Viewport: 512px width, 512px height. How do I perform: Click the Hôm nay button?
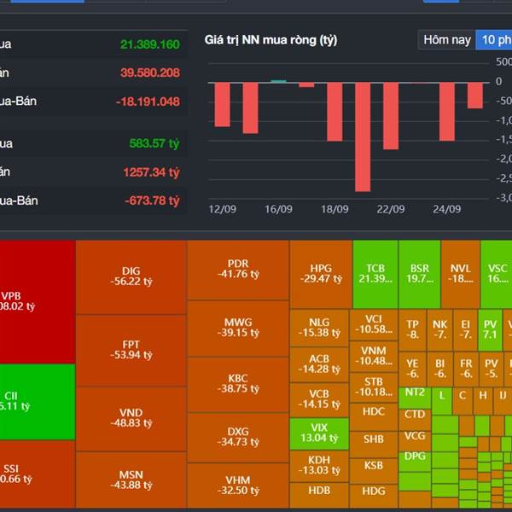(x=447, y=40)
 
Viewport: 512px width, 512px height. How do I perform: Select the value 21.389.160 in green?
(x=149, y=44)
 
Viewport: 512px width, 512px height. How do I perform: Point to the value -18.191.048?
(x=148, y=102)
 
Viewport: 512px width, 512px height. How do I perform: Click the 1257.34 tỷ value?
(x=150, y=172)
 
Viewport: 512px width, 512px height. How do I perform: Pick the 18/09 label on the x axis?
(x=335, y=209)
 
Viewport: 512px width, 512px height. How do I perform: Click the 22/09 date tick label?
(x=391, y=209)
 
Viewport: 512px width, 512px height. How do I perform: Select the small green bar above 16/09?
(x=278, y=82)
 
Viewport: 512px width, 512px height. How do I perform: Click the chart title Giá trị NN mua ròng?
(x=271, y=40)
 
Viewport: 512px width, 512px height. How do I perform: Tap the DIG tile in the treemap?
(x=131, y=276)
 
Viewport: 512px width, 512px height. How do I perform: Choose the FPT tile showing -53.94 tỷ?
(x=131, y=350)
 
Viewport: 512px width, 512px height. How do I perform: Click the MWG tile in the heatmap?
(x=238, y=327)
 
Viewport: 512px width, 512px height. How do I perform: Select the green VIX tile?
(x=318, y=432)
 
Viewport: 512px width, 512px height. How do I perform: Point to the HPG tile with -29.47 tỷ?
(x=320, y=273)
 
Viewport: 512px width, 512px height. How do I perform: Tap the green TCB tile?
(x=375, y=273)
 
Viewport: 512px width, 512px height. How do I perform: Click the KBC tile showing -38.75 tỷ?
(x=238, y=383)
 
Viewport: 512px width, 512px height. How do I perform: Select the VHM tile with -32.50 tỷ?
(x=238, y=485)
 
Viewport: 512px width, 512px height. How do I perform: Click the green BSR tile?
(x=419, y=273)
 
